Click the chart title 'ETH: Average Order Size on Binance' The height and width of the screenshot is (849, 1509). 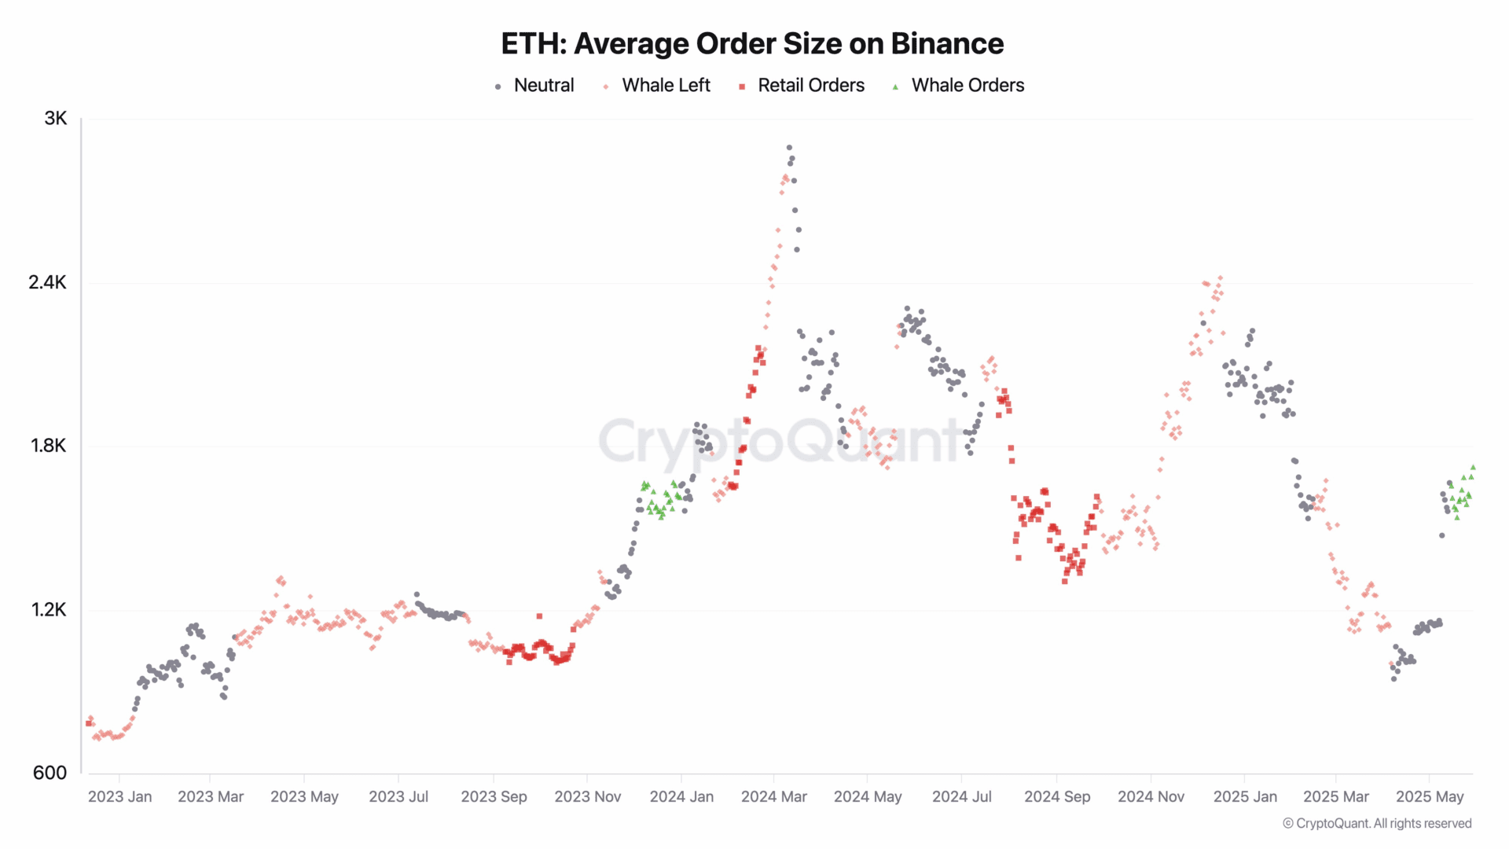pos(752,44)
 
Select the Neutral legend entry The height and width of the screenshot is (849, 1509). pos(543,86)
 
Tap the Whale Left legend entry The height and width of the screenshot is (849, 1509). pos(665,86)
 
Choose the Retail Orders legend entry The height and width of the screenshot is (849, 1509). pos(810,86)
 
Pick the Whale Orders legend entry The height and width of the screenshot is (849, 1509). pos(967,86)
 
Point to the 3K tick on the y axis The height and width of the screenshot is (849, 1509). pos(56,119)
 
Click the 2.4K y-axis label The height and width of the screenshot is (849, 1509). pos(48,282)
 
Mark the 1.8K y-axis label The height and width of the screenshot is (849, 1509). pos(49,446)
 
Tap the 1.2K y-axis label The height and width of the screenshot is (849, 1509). pos(49,610)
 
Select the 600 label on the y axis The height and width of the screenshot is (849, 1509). pos(50,773)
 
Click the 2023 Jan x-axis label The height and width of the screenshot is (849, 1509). pos(119,797)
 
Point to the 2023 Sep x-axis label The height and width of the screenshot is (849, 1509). pos(494,797)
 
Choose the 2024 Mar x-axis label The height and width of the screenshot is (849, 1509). pos(773,797)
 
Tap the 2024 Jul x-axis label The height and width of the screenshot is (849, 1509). pos(961,797)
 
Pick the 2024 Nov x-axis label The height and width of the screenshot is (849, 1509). pos(1151,797)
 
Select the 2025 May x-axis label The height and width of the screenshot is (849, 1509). pos(1430,797)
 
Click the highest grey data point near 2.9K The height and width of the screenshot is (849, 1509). pos(789,148)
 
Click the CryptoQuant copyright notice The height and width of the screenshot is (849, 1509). pos(1377,824)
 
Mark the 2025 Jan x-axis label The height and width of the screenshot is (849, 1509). pos(1245,797)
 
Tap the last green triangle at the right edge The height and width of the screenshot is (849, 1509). pos(1473,467)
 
